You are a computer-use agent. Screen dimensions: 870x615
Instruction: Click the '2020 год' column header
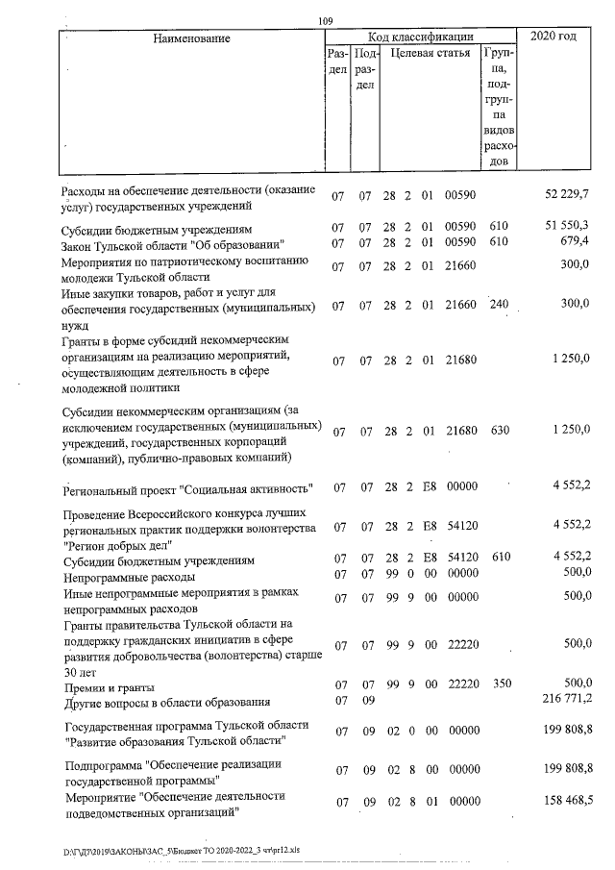coord(553,37)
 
